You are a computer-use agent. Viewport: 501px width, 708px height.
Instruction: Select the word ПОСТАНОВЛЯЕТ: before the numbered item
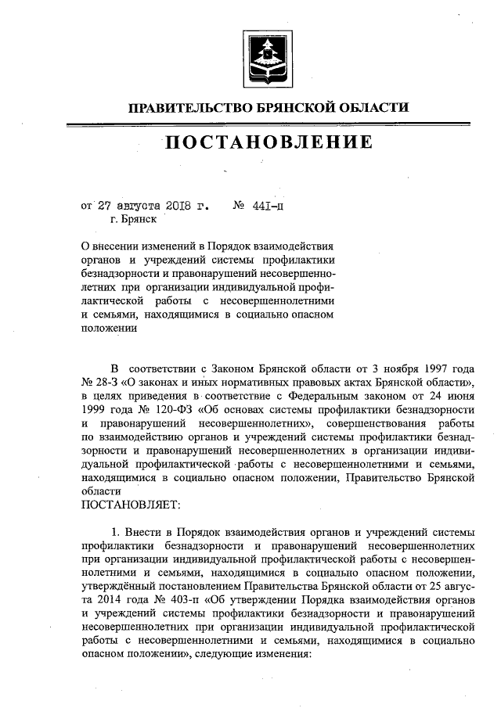pyautogui.click(x=132, y=502)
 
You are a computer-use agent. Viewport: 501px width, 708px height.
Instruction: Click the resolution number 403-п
pyautogui.click(x=184, y=600)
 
